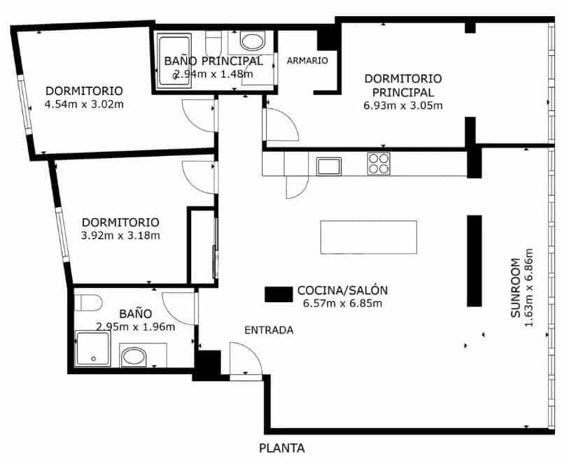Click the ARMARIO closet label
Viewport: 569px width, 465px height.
307,61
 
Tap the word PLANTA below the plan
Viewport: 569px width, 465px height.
281,449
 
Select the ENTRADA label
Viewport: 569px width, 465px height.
269,331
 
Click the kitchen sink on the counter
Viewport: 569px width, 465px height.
328,166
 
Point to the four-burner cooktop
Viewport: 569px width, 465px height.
379,164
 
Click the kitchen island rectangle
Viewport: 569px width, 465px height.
368,237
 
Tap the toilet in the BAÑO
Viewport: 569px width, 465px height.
87,303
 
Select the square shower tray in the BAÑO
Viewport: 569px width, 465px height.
92,349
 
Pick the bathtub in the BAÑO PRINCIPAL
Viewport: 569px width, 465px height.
167,59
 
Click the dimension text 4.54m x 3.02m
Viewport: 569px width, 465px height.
84,104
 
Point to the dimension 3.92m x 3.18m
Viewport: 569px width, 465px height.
120,236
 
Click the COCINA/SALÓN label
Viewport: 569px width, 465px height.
342,290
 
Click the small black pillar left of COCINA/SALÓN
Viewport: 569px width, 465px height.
277,294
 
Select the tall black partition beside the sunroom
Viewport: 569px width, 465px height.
475,260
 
